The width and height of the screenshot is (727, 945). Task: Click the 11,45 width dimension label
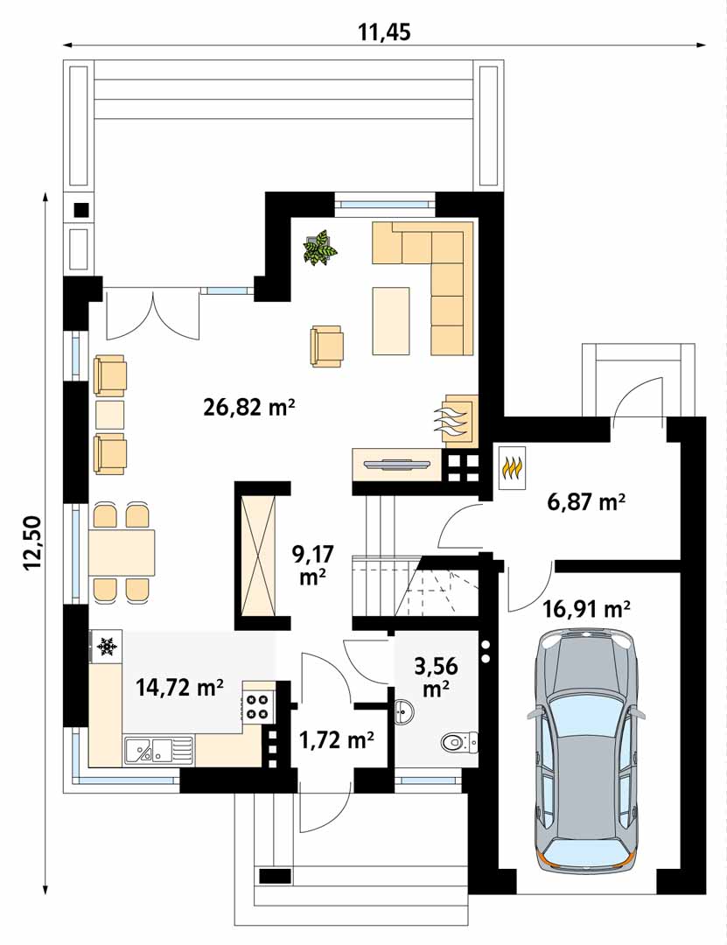384,31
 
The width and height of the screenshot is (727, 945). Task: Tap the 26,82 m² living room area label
249,408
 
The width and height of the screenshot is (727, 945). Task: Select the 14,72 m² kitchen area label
180,687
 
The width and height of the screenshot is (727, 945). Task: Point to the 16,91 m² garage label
586,609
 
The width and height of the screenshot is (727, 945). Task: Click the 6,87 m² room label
585,501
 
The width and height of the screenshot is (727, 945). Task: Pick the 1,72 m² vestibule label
337,738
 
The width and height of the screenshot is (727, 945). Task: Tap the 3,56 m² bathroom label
436,676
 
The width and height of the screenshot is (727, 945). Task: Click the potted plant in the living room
320,247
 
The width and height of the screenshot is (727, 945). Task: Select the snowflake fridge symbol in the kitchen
107,647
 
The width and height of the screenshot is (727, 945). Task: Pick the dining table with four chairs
122,553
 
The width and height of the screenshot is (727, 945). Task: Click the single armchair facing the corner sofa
326,346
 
